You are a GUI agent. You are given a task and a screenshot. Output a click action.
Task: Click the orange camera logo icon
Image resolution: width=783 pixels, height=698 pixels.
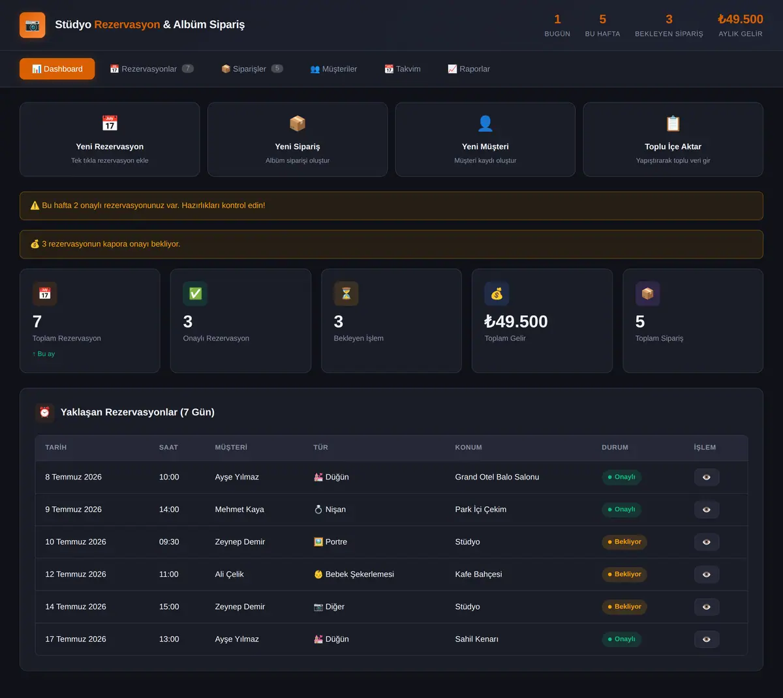pos(32,25)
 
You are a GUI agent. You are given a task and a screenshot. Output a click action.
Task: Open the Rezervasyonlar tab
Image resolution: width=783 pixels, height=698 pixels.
pos(151,68)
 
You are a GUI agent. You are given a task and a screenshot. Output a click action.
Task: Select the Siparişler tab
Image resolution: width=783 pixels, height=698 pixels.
pos(252,68)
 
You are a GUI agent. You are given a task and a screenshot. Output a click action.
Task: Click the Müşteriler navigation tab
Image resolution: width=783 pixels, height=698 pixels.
pos(333,68)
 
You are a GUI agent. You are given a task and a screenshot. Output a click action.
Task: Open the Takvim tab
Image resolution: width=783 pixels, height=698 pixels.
pos(403,68)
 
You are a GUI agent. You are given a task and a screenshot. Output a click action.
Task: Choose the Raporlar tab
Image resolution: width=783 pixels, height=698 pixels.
pos(468,68)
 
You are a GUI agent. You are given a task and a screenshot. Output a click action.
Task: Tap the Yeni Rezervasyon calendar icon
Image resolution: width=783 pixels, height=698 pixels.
pos(110,123)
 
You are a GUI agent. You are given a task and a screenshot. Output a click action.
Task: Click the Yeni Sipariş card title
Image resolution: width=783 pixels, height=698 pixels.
pos(297,147)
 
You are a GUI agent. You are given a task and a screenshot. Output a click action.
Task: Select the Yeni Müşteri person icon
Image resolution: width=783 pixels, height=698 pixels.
pos(485,123)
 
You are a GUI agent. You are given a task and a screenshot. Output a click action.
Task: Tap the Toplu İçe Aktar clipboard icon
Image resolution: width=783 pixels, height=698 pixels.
pos(673,123)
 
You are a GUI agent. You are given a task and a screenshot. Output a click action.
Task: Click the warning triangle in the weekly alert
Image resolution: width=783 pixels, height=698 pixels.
pos(35,205)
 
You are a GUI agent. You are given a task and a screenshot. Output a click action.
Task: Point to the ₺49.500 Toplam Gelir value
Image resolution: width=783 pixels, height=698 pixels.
pos(516,322)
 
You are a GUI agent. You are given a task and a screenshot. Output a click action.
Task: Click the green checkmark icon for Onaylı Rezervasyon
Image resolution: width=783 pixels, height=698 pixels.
pos(195,294)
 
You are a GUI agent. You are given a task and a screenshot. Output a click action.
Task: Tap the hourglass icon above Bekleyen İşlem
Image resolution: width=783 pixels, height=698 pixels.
pos(346,294)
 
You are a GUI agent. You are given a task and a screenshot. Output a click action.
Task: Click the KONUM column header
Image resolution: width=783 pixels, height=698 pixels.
pos(468,447)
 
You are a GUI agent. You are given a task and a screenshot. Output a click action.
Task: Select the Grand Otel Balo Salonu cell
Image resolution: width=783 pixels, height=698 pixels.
pos(497,477)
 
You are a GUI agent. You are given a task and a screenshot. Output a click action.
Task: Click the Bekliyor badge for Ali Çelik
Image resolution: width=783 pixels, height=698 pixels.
pos(624,574)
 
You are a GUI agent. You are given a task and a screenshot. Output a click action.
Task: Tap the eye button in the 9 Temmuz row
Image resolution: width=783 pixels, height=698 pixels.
pos(707,509)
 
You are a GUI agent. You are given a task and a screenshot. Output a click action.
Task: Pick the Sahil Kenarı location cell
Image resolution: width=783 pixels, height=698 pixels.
pos(476,639)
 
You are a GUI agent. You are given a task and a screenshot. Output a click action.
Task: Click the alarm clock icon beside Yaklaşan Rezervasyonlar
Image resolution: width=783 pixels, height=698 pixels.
pos(44,412)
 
